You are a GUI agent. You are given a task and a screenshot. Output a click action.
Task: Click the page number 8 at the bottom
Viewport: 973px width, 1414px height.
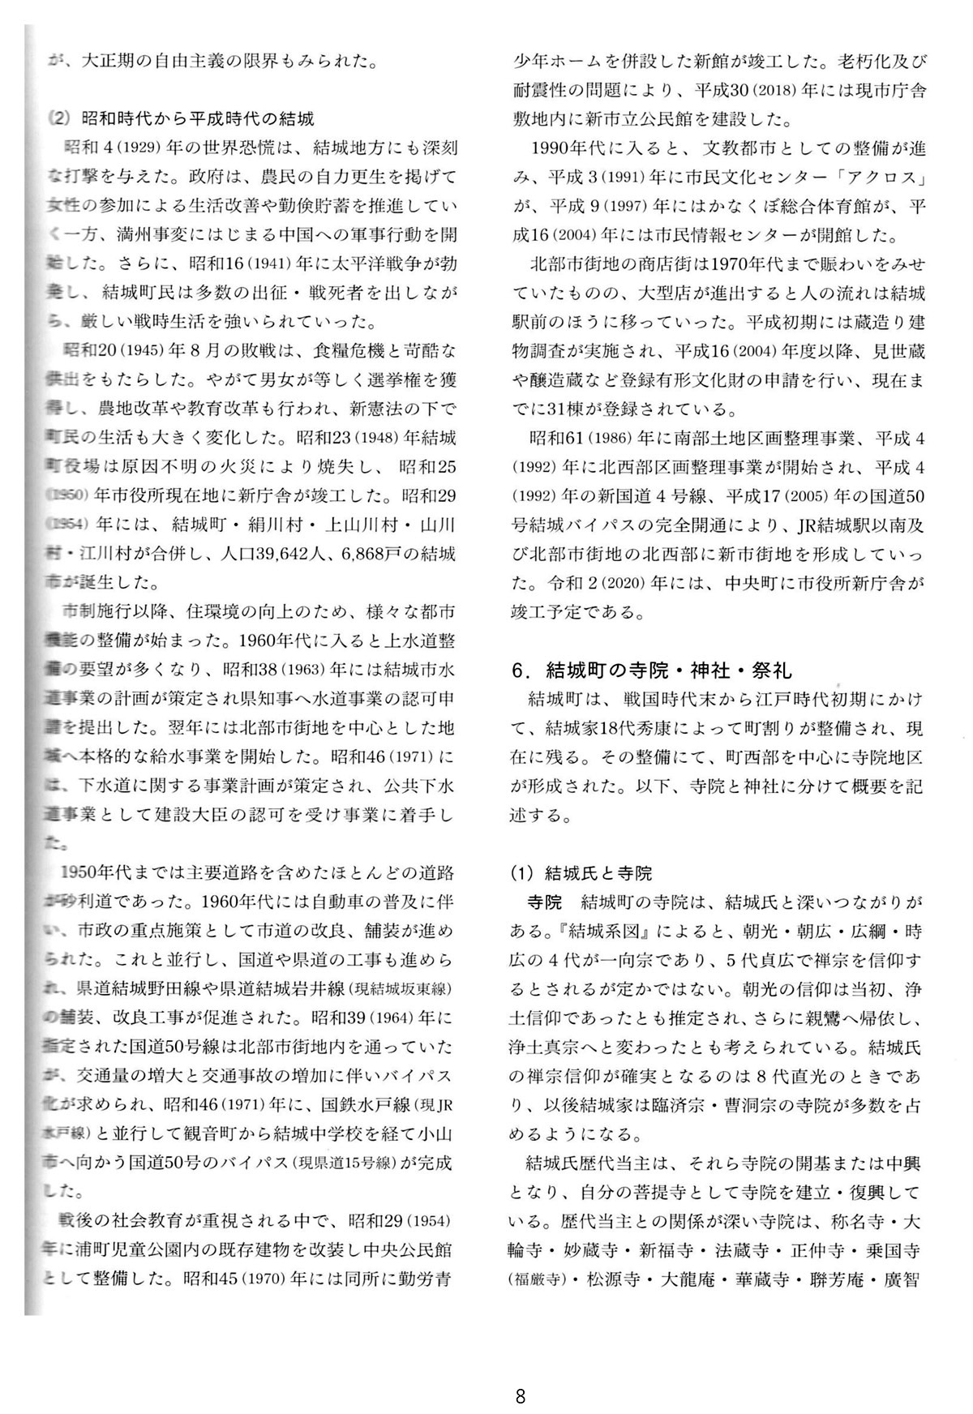[x=520, y=1373]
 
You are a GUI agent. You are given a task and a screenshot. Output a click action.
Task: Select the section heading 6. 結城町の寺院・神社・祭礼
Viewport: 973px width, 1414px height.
[x=651, y=671]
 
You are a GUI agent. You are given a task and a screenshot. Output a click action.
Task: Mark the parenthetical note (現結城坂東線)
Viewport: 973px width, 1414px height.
[x=401, y=991]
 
